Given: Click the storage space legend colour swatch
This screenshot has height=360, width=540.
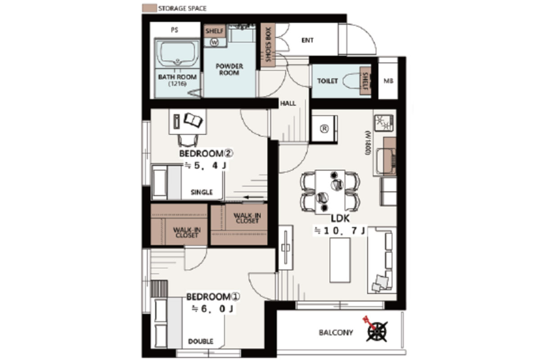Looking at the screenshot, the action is [149, 8].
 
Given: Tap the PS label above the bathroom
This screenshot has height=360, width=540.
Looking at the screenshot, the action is [175, 30].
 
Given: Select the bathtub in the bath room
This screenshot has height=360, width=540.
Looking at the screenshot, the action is [178, 53].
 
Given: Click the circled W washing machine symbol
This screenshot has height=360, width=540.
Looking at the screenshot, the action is [214, 42].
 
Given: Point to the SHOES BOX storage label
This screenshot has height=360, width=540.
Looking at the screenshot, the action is [268, 44].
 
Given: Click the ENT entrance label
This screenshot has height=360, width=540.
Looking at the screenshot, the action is [307, 40].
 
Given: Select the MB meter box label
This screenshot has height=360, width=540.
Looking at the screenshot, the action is [388, 81].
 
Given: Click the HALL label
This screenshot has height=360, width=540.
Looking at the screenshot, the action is [288, 103].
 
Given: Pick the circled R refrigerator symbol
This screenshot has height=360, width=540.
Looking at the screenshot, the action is [324, 129].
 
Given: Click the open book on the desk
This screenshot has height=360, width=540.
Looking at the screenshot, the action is [193, 120].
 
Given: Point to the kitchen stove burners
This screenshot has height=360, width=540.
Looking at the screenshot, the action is [383, 123].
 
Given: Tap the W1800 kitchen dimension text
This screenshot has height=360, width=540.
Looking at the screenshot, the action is [368, 143].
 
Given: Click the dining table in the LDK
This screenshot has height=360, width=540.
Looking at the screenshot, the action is [330, 192].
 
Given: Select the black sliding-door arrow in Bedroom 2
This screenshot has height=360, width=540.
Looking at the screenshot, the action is [253, 197].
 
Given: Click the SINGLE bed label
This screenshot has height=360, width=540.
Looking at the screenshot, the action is [202, 192].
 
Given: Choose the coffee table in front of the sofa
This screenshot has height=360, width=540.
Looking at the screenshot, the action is [340, 260].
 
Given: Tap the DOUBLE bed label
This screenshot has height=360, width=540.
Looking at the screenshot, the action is [201, 341].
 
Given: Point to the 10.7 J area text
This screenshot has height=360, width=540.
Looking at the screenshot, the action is [340, 231].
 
